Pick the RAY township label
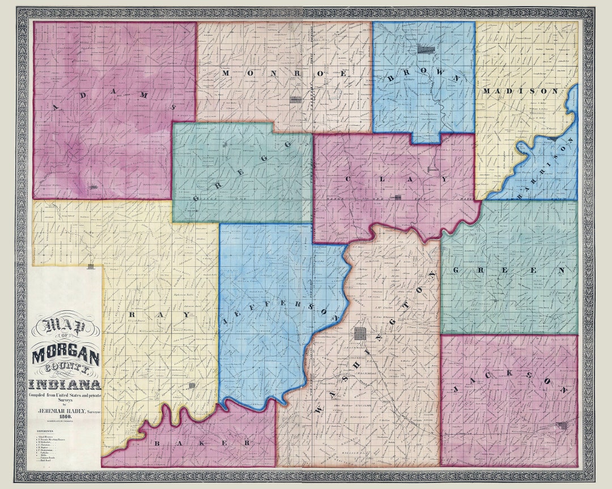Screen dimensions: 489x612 147,314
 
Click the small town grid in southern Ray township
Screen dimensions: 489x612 193,385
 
